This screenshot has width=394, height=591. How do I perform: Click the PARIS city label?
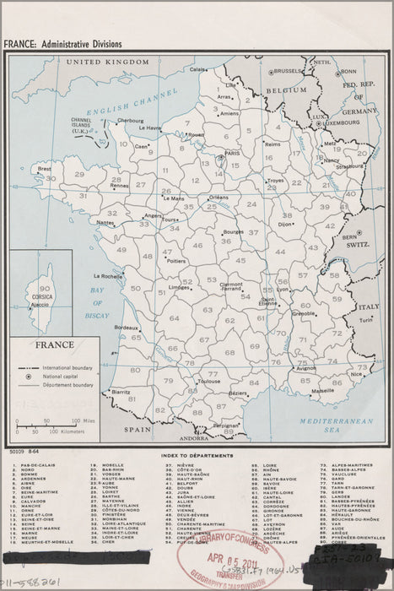[x=232, y=154]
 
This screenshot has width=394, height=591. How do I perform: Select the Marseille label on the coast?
[x=321, y=392]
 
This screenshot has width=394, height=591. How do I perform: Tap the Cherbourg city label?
[x=130, y=121]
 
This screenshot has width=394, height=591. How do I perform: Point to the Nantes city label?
[x=105, y=222]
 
